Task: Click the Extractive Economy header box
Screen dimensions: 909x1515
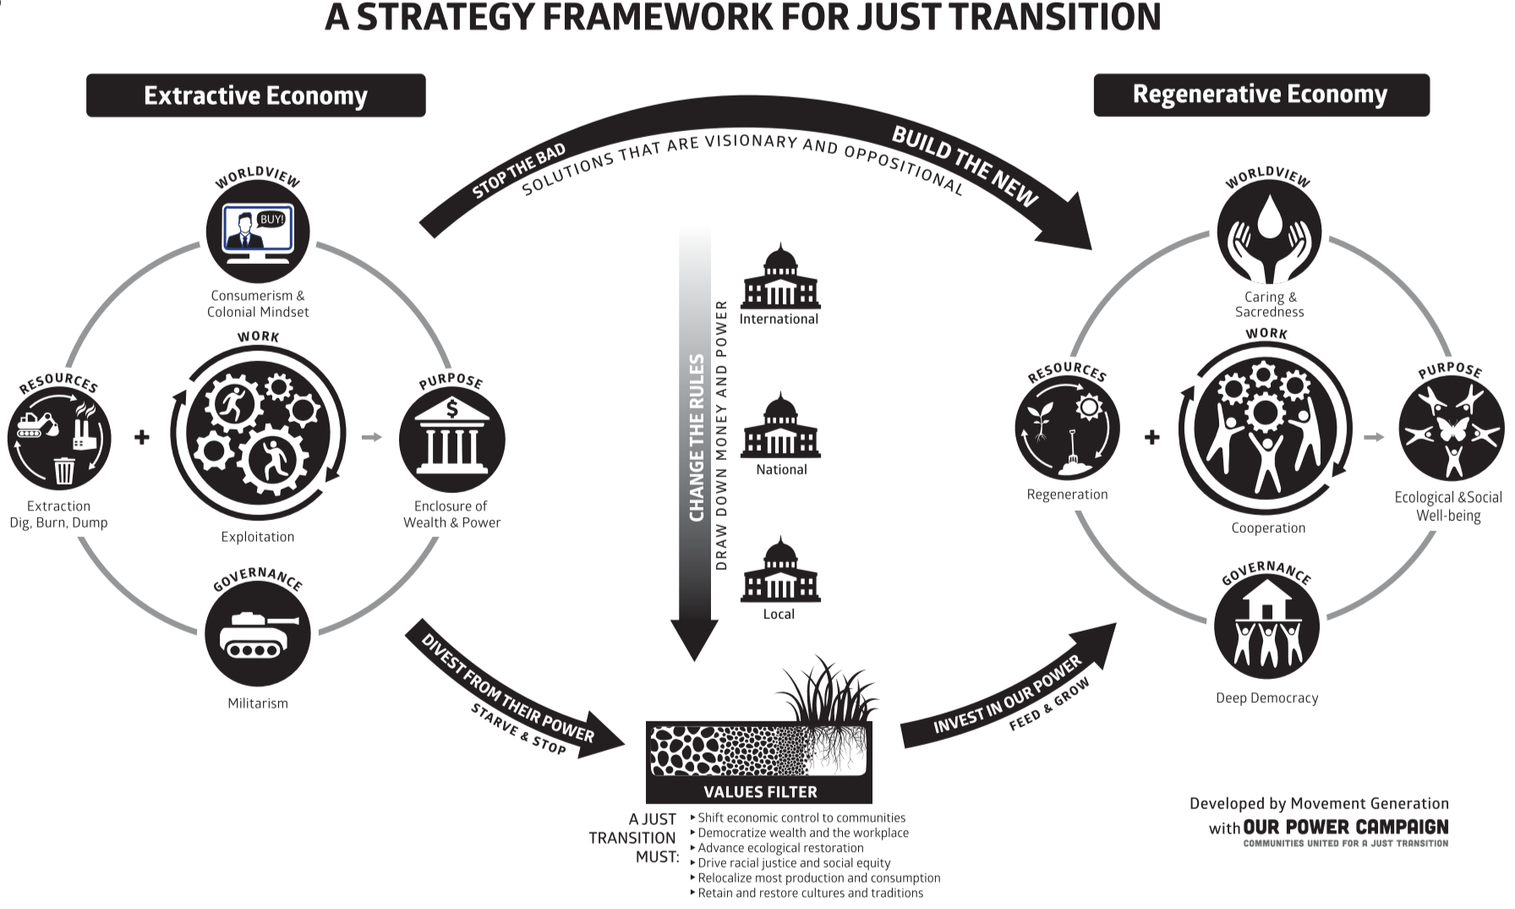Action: click(255, 96)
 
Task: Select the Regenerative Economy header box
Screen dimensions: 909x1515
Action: click(1261, 95)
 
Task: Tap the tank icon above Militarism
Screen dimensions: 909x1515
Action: click(257, 633)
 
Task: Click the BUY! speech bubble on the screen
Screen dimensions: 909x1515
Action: click(271, 219)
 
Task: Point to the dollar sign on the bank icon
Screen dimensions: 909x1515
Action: click(452, 409)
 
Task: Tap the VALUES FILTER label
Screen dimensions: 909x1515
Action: click(760, 792)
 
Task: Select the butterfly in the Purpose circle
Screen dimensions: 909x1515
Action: click(1452, 429)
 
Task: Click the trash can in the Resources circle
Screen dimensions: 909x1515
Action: click(64, 469)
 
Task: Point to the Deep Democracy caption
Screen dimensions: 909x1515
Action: click(1266, 698)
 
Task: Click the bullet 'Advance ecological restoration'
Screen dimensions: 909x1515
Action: click(780, 848)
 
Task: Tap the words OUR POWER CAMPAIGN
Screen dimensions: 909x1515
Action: click(1345, 827)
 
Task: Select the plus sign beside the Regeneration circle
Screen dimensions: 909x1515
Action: click(1151, 437)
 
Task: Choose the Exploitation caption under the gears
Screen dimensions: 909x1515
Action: click(258, 537)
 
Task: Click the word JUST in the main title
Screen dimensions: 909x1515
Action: click(895, 18)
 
